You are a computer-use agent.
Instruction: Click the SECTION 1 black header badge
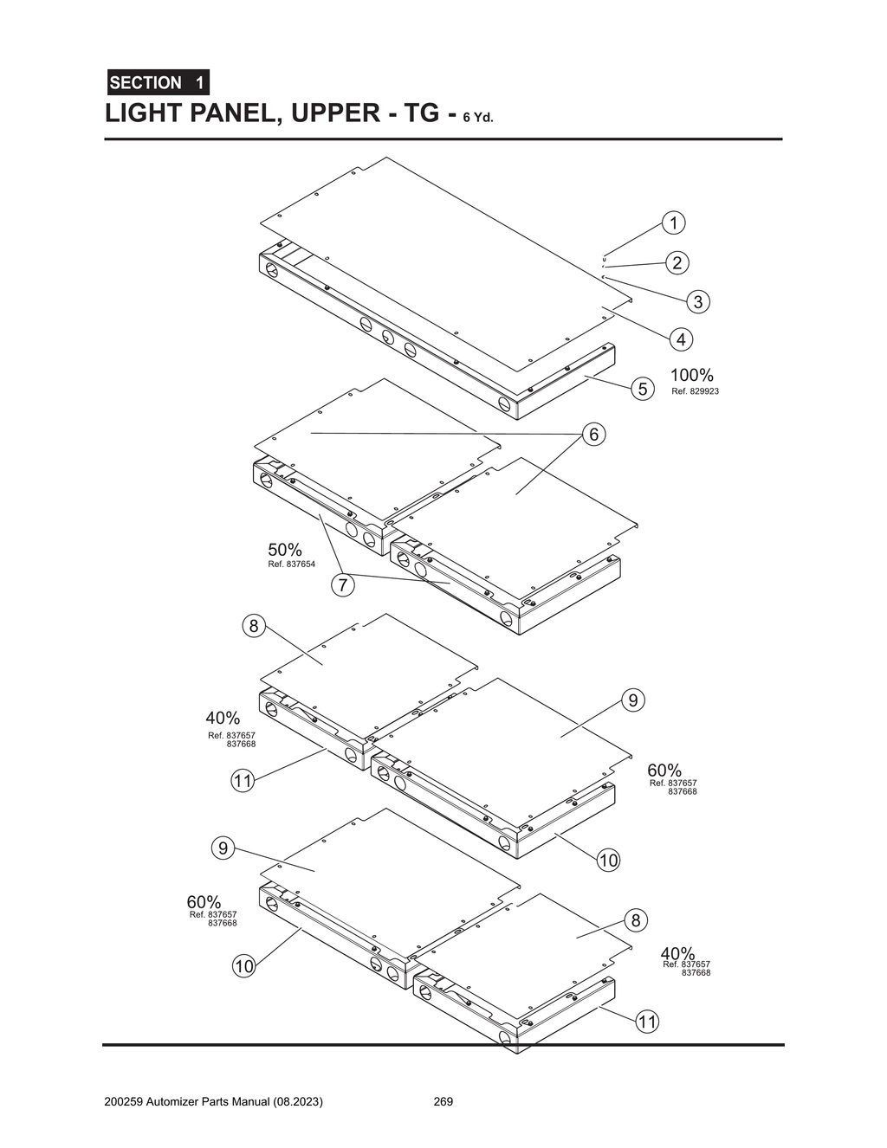[158, 83]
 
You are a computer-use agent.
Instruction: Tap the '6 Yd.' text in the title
[477, 118]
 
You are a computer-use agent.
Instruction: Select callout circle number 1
[673, 223]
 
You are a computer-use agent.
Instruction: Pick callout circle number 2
[677, 262]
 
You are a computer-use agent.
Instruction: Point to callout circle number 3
[697, 301]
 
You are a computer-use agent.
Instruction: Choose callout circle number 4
[681, 339]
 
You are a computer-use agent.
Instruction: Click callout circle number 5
[643, 389]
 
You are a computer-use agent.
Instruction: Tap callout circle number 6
[593, 434]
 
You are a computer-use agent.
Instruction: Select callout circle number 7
[343, 585]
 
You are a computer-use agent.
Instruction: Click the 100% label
[692, 375]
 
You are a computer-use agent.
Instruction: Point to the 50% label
[285, 550]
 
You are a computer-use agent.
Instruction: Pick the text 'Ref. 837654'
[292, 564]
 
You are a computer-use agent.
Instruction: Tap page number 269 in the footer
[443, 1102]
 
